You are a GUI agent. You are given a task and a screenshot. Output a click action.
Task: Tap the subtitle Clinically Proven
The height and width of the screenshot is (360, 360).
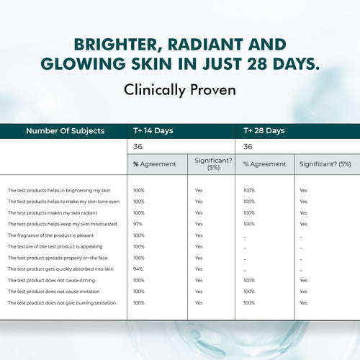click(x=180, y=91)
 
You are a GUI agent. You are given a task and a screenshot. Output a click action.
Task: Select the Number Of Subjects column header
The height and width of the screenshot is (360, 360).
click(x=66, y=131)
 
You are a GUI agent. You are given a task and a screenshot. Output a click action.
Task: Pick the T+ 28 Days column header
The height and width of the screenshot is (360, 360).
click(x=264, y=131)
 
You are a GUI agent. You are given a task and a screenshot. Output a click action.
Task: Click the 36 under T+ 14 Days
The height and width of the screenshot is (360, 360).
click(x=138, y=146)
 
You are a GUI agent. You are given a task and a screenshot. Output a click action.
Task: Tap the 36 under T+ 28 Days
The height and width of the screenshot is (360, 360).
click(x=248, y=146)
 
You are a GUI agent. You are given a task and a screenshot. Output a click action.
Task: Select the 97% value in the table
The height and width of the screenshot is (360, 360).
click(x=139, y=224)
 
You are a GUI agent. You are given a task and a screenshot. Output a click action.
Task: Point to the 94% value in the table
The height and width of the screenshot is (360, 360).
click(x=139, y=269)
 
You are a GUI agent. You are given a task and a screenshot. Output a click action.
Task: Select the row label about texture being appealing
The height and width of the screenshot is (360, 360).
click(x=52, y=247)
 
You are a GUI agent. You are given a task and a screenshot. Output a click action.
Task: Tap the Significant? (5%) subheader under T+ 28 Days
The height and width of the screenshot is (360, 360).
click(x=325, y=164)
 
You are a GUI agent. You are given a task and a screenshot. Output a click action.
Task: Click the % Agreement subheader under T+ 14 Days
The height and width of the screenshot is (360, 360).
click(x=154, y=164)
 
